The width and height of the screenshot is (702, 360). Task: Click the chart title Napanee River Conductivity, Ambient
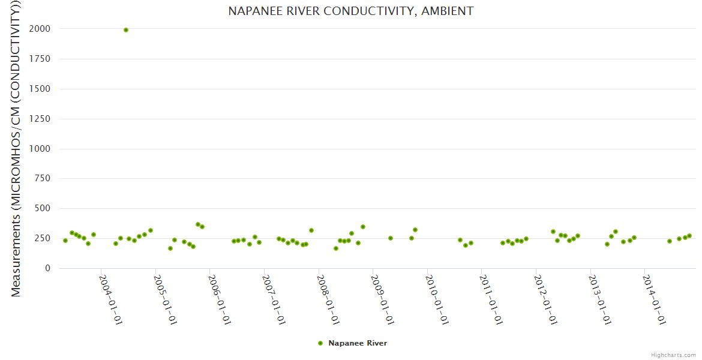[350, 11]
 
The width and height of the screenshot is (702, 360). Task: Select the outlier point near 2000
[126, 30]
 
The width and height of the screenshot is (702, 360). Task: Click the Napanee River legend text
[358, 343]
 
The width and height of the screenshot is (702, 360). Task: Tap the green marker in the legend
[320, 343]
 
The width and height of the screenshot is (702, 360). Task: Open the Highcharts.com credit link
[673, 355]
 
